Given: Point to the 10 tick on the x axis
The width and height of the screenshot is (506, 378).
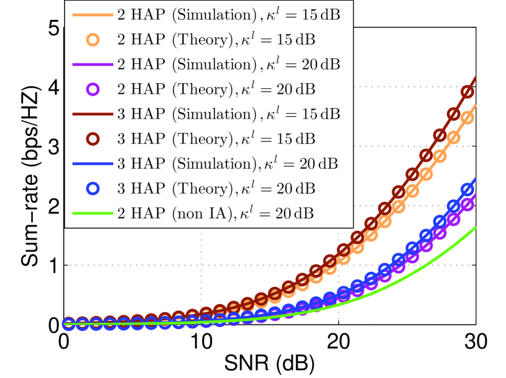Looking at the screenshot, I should click(x=200, y=341).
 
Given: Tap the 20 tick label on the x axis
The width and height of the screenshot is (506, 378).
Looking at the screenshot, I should click(x=338, y=341).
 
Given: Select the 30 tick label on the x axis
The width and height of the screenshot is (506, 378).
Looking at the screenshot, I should click(x=476, y=341).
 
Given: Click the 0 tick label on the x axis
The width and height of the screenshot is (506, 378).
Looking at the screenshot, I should click(x=63, y=341).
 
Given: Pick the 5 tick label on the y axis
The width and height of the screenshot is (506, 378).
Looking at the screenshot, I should click(x=54, y=28).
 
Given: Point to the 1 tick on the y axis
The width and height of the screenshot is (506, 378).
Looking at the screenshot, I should click(x=54, y=265).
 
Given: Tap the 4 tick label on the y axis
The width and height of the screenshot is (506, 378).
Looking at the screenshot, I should click(x=54, y=88).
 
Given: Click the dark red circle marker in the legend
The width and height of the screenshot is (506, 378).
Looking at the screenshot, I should click(x=93, y=137).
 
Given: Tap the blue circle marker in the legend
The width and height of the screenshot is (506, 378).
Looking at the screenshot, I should click(x=93, y=187).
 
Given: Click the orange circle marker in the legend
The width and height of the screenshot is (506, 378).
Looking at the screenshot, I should click(x=93, y=38).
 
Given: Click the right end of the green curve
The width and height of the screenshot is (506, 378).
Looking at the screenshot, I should click(x=476, y=227).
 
